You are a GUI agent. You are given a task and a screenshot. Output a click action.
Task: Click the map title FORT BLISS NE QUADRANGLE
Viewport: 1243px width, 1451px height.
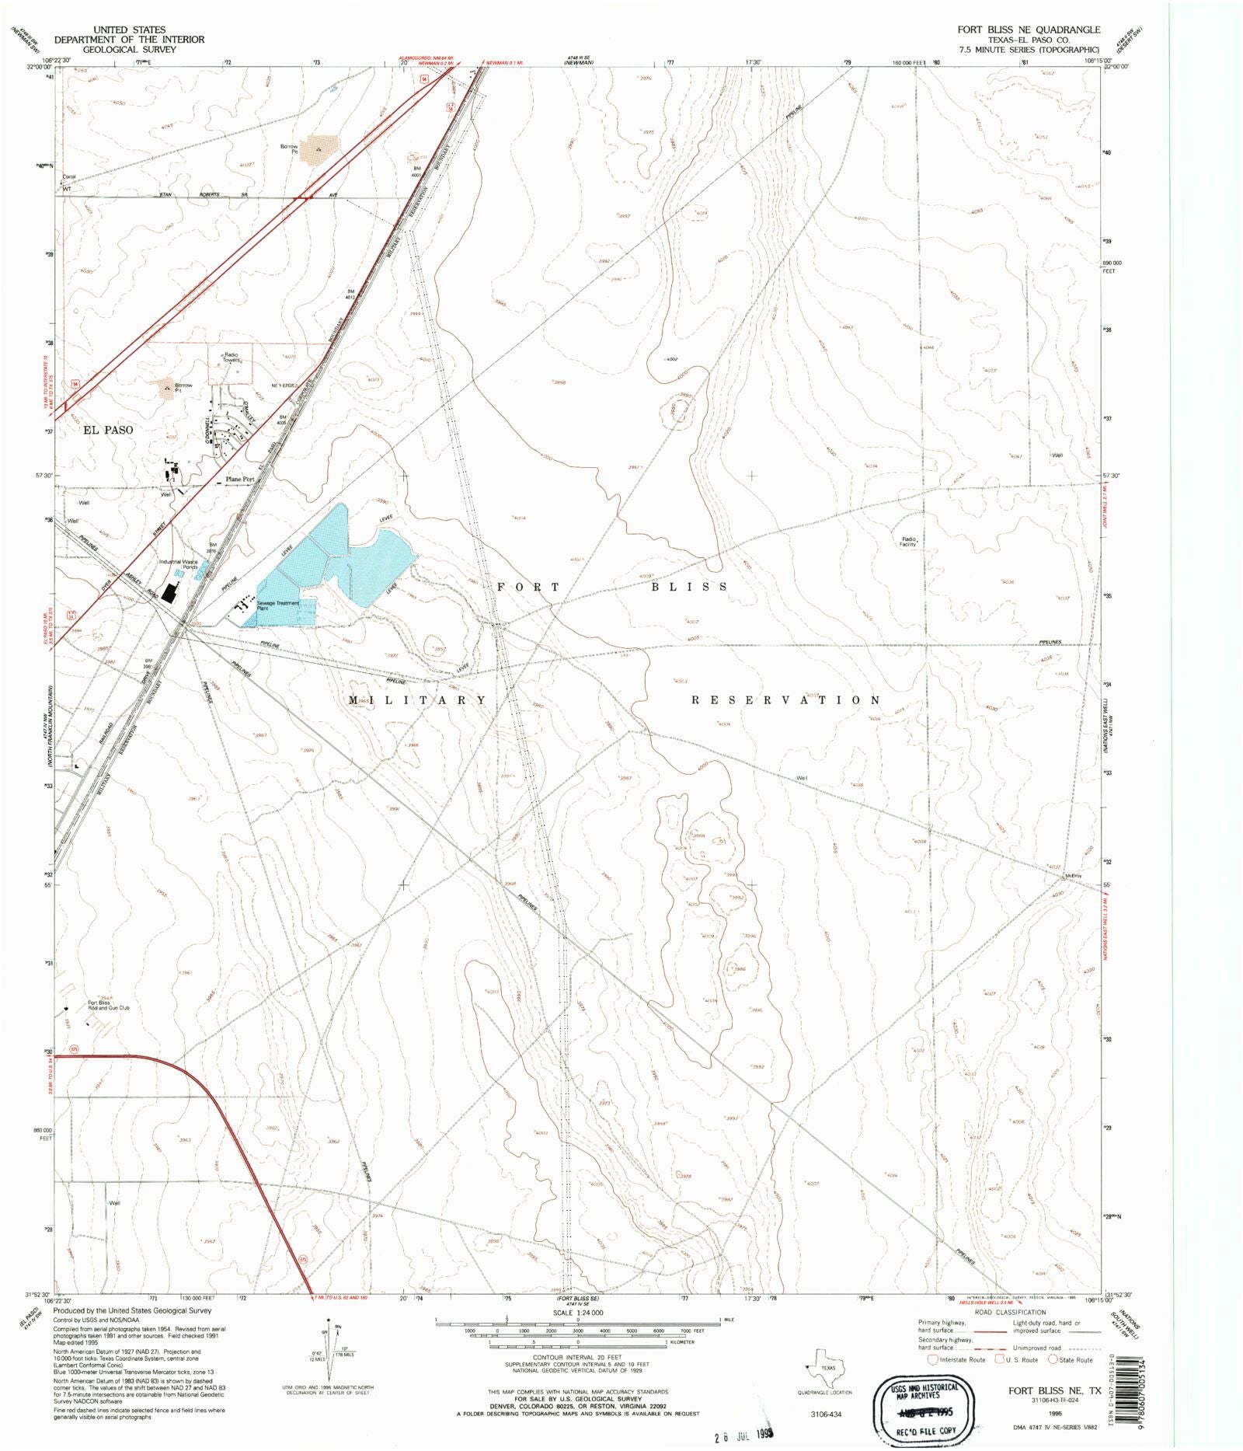[1028, 30]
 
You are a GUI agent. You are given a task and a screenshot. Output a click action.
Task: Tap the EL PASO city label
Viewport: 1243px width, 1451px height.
[108, 430]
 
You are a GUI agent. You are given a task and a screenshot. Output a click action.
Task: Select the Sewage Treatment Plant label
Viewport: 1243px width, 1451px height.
[277, 605]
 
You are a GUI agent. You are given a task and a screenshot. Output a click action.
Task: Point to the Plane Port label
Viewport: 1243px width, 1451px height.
[239, 480]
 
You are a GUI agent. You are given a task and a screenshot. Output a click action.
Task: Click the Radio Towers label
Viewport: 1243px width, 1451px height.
[231, 358]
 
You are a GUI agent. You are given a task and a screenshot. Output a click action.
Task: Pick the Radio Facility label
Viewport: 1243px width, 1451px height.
[908, 542]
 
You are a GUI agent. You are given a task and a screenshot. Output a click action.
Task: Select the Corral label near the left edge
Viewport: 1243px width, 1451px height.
[68, 176]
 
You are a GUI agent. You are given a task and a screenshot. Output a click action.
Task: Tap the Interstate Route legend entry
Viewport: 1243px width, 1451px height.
[956, 1359]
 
